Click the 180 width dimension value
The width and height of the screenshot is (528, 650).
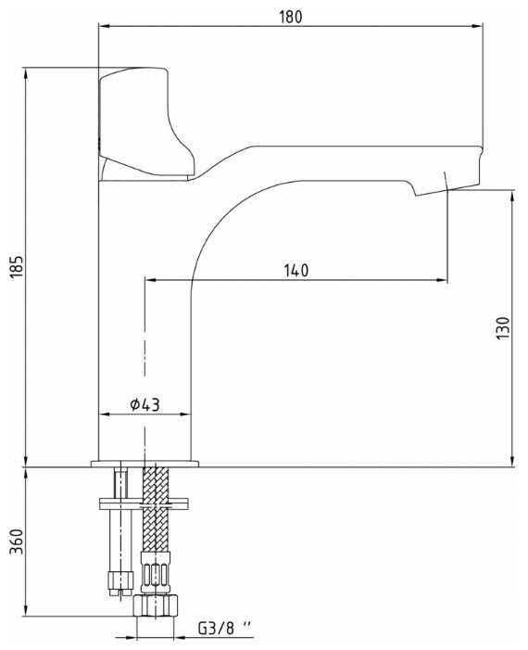pyautogui.click(x=291, y=17)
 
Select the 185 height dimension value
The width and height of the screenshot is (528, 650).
pyautogui.click(x=17, y=266)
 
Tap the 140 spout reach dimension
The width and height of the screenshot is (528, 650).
pyautogui.click(x=296, y=270)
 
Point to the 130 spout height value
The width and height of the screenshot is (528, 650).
pyautogui.click(x=503, y=327)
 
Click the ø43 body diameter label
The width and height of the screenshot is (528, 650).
pyautogui.click(x=145, y=404)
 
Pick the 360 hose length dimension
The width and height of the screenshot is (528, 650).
pyautogui.click(x=17, y=542)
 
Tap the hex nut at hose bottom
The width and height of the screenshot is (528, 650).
pyautogui.click(x=156, y=606)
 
